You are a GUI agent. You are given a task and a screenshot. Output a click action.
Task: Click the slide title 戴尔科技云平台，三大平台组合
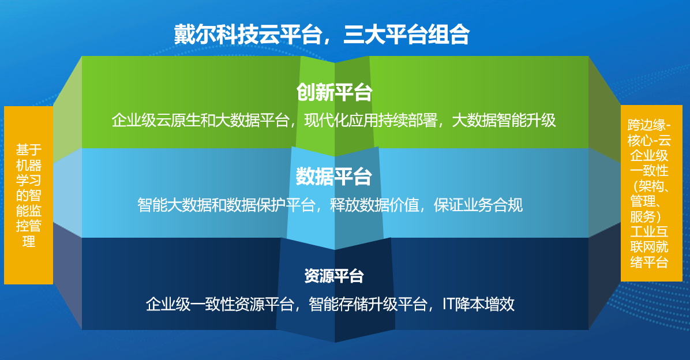tap(321, 35)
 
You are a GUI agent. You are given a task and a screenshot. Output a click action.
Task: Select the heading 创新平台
tap(335, 92)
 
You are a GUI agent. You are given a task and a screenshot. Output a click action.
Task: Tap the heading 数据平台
tap(335, 177)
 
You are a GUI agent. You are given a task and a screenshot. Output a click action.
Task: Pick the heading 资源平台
tap(335, 276)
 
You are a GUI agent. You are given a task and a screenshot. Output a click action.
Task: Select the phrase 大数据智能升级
tap(504, 121)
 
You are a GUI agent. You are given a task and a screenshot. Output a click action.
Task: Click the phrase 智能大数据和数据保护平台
tap(226, 205)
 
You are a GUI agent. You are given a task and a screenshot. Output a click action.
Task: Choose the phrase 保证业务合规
tap(479, 205)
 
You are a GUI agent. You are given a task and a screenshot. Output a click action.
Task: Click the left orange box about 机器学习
tap(29, 195)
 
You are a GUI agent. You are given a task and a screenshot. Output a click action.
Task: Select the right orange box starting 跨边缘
tap(651, 193)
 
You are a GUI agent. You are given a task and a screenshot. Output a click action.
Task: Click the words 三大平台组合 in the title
tap(406, 35)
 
